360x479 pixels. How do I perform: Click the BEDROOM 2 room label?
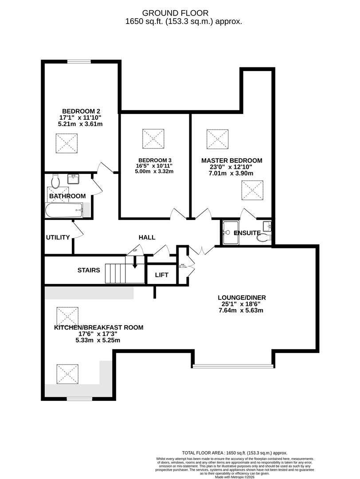pyautogui.click(x=82, y=111)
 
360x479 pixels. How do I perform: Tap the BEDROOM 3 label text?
pyautogui.click(x=155, y=160)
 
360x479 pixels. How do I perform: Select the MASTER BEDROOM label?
pyautogui.click(x=231, y=161)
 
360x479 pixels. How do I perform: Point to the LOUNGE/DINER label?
pyautogui.click(x=242, y=298)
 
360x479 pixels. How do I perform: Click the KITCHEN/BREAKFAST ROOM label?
pyautogui.click(x=98, y=328)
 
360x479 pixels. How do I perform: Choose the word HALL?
pyautogui.click(x=147, y=237)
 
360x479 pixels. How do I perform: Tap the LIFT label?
pyautogui.click(x=162, y=275)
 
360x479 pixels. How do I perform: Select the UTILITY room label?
pyautogui.click(x=58, y=237)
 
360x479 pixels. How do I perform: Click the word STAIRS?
pyautogui.click(x=89, y=270)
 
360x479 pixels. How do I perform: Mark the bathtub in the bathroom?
pyautogui.click(x=64, y=210)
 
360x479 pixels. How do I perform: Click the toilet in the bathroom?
pyautogui.click(x=55, y=181)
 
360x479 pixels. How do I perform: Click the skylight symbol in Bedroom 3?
pyautogui.click(x=153, y=139)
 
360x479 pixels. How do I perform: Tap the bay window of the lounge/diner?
pyautogui.click(x=232, y=366)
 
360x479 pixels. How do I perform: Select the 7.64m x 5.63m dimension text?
pyautogui.click(x=242, y=310)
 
